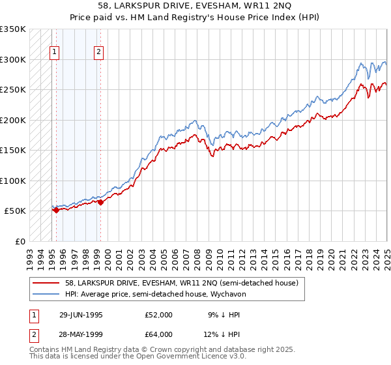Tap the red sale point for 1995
tap(56, 210)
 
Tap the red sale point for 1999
tap(100, 203)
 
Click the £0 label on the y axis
tap(20, 241)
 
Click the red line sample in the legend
tap(45, 283)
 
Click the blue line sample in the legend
tap(45, 294)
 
